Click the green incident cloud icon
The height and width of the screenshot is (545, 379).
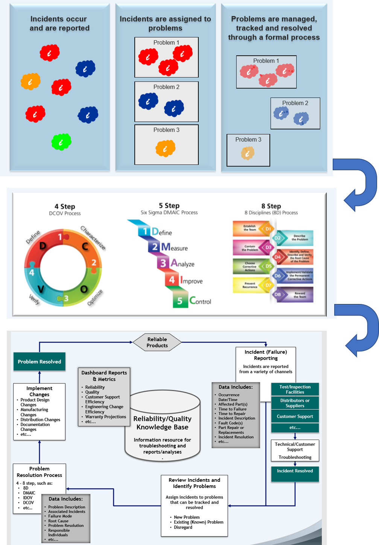pyautogui.click(x=61, y=142)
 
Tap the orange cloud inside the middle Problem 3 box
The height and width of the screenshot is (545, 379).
pyautogui.click(x=166, y=148)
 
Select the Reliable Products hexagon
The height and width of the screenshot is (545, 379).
pyautogui.click(x=157, y=342)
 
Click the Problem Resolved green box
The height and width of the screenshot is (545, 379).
pyautogui.click(x=40, y=362)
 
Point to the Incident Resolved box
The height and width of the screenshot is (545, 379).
pyautogui.click(x=295, y=471)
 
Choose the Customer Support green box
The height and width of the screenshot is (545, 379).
pyautogui.click(x=295, y=417)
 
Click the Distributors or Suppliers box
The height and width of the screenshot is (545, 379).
pyautogui.click(x=295, y=403)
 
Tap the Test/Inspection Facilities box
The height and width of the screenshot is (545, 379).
pyautogui.click(x=295, y=389)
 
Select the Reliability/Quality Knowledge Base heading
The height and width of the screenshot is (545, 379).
pyautogui.click(x=163, y=423)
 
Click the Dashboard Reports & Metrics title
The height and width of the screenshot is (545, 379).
pyautogui.click(x=104, y=376)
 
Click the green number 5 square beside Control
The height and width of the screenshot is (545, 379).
pyautogui.click(x=180, y=301)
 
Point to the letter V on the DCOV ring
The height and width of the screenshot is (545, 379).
pyautogui.click(x=41, y=289)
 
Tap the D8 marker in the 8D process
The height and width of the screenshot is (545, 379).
pyautogui.click(x=278, y=295)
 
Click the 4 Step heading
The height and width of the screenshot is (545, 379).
pyautogui.click(x=65, y=206)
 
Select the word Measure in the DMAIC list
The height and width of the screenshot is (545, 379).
pyautogui.click(x=174, y=247)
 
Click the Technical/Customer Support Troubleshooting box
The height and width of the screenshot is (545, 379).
pyautogui.click(x=295, y=450)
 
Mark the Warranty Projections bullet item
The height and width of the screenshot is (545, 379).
pyautogui.click(x=106, y=417)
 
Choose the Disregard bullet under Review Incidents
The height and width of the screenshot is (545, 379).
pyautogui.click(x=183, y=527)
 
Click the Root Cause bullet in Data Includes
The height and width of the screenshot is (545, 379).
pyautogui.click(x=58, y=521)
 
